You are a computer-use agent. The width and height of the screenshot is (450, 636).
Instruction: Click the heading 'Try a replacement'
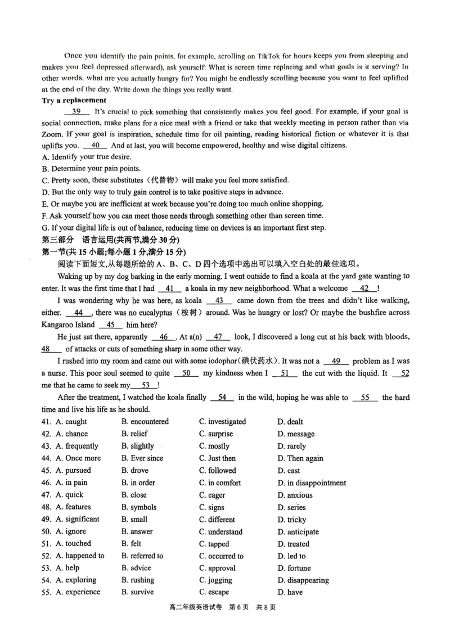coord(74,100)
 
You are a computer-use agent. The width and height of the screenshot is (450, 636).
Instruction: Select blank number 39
coord(77,111)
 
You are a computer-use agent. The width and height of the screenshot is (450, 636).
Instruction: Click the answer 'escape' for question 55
coord(218,592)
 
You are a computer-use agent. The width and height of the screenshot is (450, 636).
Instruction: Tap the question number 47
coord(46,495)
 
